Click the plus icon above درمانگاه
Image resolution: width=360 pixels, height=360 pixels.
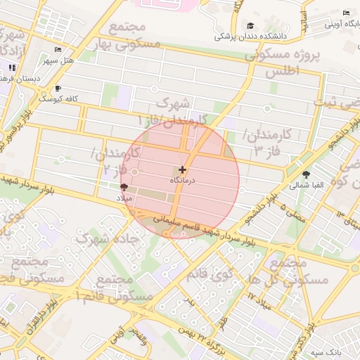(183, 169)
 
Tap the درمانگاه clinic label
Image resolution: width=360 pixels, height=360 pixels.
(183, 181)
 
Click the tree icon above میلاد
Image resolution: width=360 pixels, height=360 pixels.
(124, 187)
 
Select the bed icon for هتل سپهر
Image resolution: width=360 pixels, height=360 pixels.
(58, 49)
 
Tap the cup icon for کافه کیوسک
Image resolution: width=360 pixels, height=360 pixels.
(58, 89)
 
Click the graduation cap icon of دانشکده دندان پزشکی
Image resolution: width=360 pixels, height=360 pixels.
(250, 26)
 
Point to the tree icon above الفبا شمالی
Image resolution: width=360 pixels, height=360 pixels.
(307, 174)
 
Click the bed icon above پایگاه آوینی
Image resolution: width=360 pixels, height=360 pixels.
(346, 13)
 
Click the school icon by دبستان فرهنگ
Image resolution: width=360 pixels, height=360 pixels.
(12, 67)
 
